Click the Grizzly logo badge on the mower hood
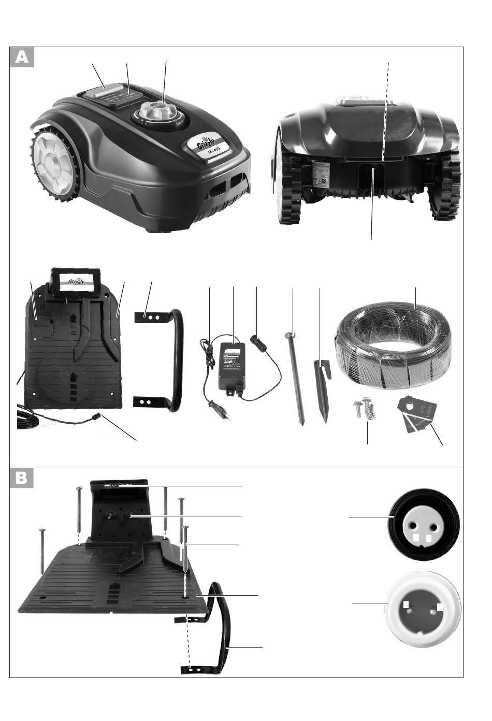click(x=206, y=143)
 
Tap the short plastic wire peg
click(x=321, y=388)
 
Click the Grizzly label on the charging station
click(x=76, y=283)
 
